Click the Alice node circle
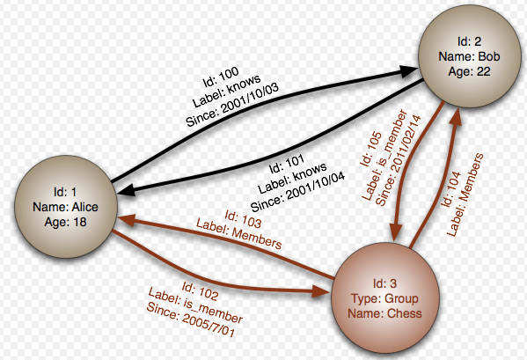pos(66,207)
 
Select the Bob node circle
pos(470,56)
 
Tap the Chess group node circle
pos(385,298)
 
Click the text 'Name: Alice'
pos(65,207)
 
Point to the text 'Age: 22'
pos(469,71)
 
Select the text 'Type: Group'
pos(384,298)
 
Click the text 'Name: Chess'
pos(384,313)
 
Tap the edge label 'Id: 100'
pos(221,77)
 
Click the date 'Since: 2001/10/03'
pos(232,104)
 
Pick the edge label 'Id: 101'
pos(287,164)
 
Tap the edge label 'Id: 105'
pos(371,149)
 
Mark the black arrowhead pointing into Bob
pos(409,71)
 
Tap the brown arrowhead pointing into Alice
pos(126,220)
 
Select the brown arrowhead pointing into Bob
pos(457,116)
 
